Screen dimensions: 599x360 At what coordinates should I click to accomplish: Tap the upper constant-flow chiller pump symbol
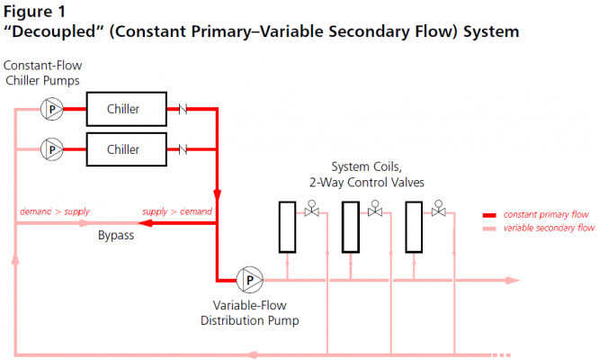click(52, 109)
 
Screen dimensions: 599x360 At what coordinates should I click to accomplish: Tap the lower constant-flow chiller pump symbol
click(52, 149)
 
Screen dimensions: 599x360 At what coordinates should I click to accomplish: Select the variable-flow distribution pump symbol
click(250, 280)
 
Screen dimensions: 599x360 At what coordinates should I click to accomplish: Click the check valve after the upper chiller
click(183, 109)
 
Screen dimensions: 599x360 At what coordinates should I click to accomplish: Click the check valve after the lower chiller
click(183, 149)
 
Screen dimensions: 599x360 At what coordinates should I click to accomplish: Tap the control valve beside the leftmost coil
click(312, 209)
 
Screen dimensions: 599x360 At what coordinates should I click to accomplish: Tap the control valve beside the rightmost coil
click(439, 209)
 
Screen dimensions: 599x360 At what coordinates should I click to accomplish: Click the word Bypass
click(116, 235)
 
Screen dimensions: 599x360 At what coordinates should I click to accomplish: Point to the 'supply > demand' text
click(177, 211)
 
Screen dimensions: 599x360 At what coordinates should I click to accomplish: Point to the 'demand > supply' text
click(55, 211)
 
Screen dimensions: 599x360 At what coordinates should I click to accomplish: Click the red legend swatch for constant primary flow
click(489, 215)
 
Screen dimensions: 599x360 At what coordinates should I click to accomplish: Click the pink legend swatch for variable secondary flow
click(489, 229)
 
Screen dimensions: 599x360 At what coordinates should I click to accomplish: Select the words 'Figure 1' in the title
click(34, 12)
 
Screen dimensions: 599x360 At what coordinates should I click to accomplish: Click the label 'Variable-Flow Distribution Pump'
click(249, 312)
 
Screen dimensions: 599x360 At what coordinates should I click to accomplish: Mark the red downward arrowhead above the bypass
click(217, 194)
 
